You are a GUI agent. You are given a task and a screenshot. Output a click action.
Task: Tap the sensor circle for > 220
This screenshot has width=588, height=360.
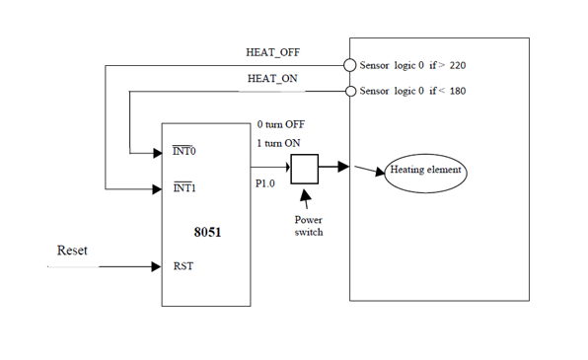pyautogui.click(x=349, y=65)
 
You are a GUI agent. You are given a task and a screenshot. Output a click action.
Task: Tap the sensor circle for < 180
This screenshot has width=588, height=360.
pyautogui.click(x=349, y=92)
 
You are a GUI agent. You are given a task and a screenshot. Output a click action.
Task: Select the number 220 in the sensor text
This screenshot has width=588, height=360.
pyautogui.click(x=457, y=65)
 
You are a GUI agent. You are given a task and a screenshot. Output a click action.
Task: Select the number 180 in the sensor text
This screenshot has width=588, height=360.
pyautogui.click(x=457, y=92)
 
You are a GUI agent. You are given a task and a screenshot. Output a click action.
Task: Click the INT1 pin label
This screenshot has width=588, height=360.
pyautogui.click(x=184, y=187)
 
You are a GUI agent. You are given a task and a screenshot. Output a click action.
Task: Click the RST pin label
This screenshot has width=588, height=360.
pyautogui.click(x=183, y=266)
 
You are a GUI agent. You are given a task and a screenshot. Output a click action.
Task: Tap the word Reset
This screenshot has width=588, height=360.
pyautogui.click(x=72, y=252)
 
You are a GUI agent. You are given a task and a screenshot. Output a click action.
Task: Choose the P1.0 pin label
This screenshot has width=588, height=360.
pyautogui.click(x=266, y=183)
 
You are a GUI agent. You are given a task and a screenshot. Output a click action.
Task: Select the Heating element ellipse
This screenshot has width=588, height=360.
pyautogui.click(x=426, y=171)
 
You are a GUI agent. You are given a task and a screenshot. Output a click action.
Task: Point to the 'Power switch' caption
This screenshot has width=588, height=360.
pyautogui.click(x=309, y=228)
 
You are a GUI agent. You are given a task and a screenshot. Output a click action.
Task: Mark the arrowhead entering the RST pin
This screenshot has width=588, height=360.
pyautogui.click(x=155, y=266)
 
